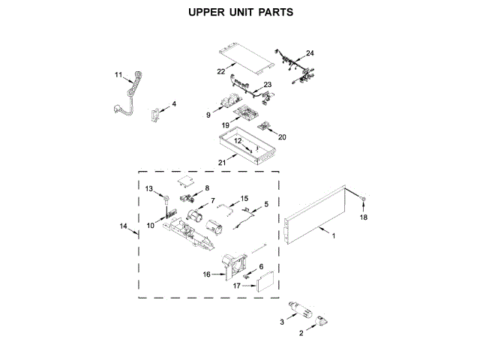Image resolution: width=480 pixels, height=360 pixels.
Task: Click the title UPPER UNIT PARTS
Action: (240, 13)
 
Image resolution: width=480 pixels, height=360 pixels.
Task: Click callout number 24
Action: (310, 53)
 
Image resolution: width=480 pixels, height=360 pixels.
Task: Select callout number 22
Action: (221, 71)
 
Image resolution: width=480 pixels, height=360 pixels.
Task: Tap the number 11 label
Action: (118, 75)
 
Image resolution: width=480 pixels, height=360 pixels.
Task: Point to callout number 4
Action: (175, 104)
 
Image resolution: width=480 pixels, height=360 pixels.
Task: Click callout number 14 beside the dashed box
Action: (124, 225)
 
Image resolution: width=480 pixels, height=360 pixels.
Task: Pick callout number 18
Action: (364, 218)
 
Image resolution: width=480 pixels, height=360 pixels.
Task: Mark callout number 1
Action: (334, 236)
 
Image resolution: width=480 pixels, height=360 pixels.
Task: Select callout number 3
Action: (282, 322)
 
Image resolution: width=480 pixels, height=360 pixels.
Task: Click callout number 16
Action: (207, 274)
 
